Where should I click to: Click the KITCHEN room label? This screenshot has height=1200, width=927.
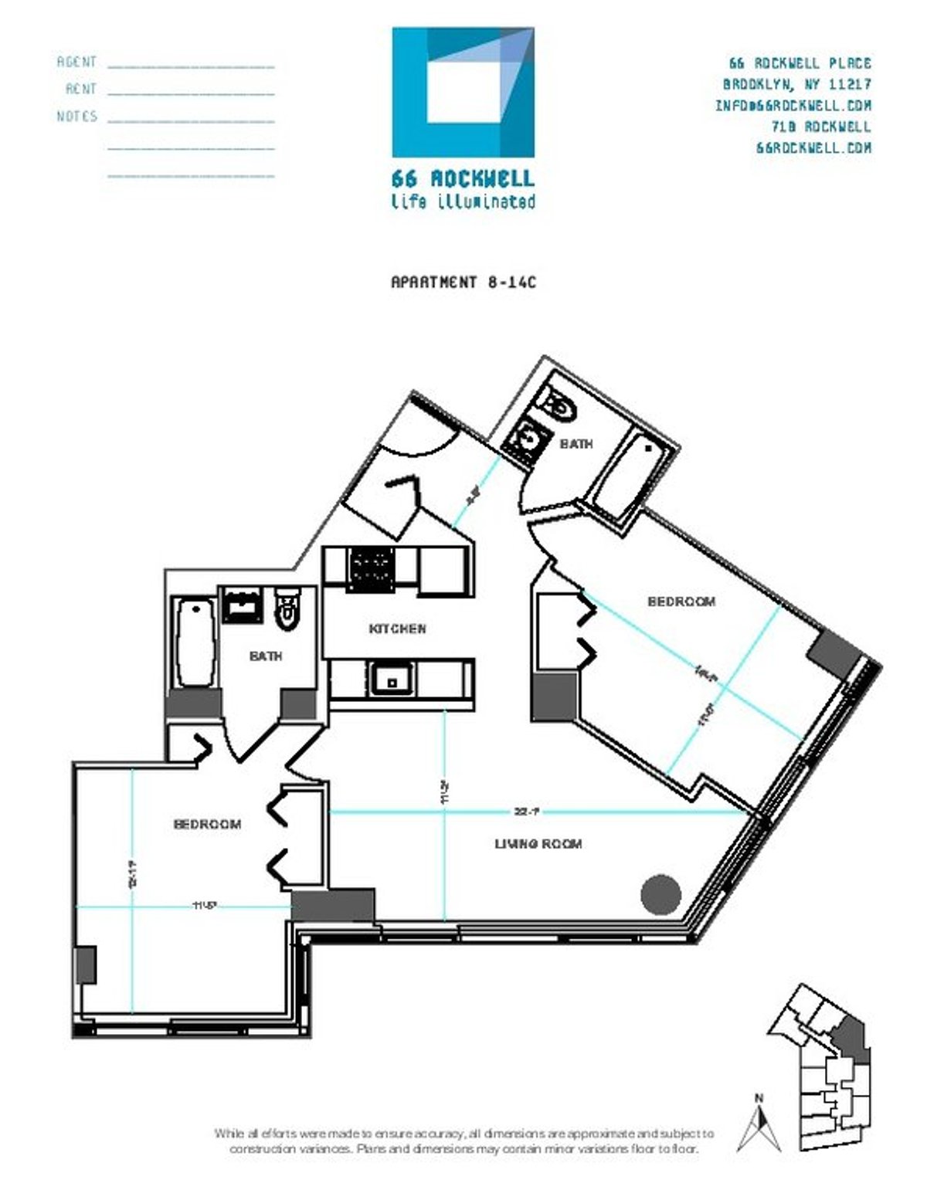coord(397,629)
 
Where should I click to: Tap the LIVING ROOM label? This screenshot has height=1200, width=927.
coord(538,844)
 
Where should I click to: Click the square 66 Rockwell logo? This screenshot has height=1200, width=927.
coord(463,93)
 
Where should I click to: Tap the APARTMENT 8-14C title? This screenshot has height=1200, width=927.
coord(463,283)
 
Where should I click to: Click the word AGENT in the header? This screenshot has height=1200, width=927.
coord(77,62)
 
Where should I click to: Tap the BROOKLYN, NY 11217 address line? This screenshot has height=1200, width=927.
coord(796,84)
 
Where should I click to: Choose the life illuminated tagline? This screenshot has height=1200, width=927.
coord(463,202)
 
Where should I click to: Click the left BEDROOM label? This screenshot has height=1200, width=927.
coord(207,825)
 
